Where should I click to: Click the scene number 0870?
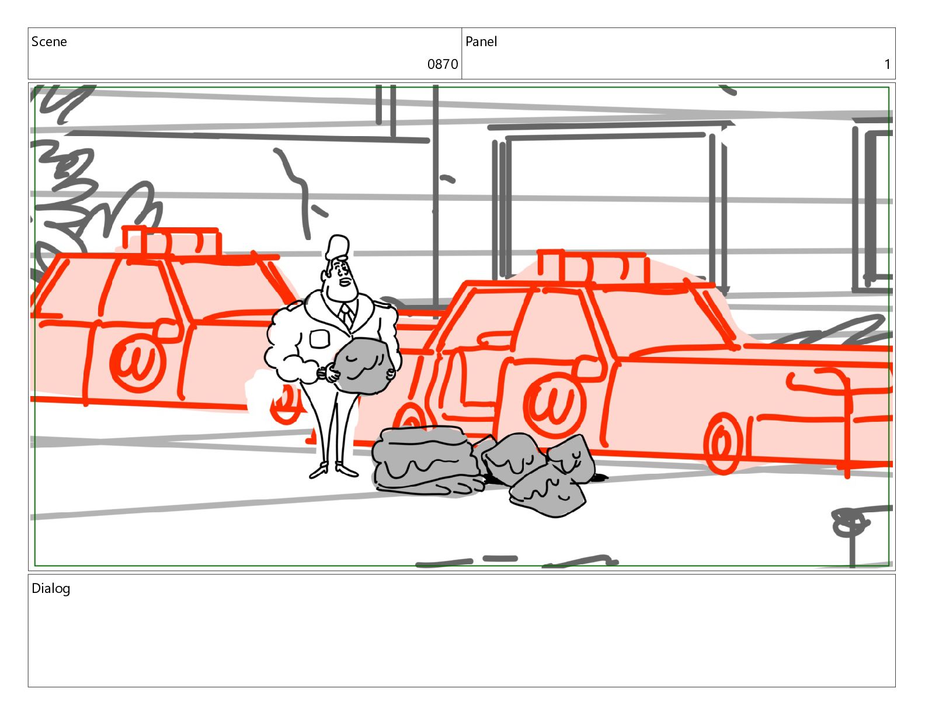442,64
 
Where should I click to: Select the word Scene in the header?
49,41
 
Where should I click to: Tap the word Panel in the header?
481,41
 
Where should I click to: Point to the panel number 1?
887,64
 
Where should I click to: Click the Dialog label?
51,588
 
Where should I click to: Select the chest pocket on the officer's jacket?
319,339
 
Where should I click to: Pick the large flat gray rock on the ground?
426,461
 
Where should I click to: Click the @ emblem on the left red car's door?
137,362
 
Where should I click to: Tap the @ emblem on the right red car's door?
554,405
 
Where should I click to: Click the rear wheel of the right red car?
722,443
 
